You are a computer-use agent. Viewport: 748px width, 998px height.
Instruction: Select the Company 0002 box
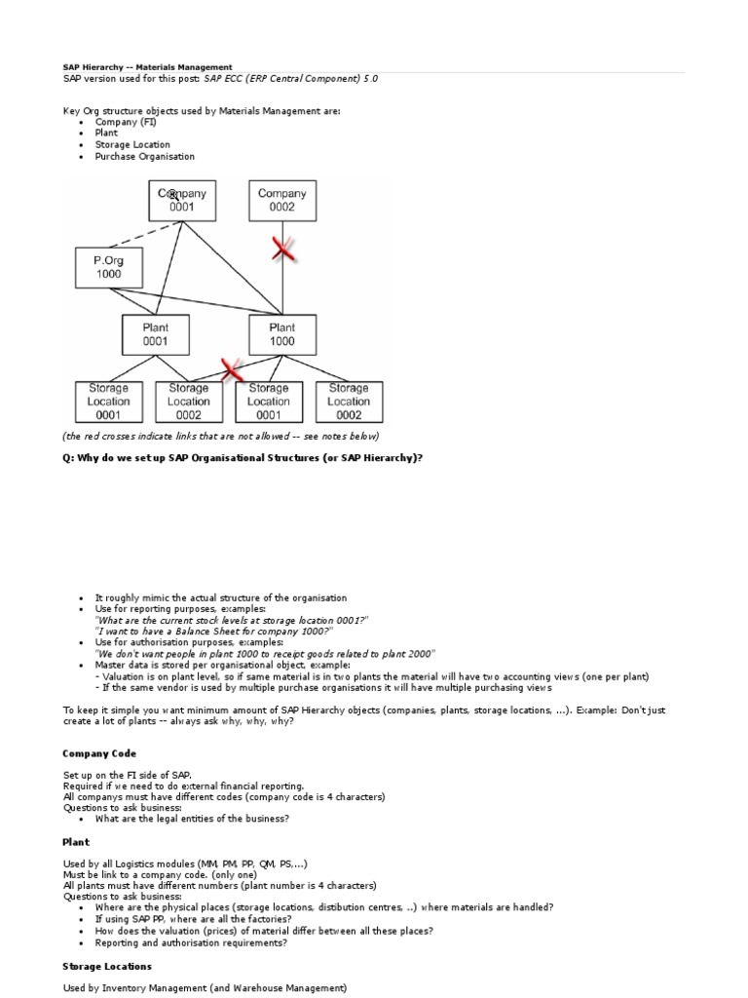click(282, 201)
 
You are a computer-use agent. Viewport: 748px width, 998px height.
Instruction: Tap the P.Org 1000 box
click(108, 267)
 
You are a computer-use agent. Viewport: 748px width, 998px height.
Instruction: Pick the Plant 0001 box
click(155, 334)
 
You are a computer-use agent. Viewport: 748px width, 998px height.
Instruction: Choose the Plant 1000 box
click(282, 334)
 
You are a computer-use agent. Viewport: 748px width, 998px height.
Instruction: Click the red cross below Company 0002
click(282, 249)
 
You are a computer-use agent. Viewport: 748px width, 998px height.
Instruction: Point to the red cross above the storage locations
click(232, 369)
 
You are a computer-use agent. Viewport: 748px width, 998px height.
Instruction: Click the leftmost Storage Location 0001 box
click(108, 401)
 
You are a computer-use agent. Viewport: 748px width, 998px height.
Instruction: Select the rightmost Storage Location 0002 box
click(349, 401)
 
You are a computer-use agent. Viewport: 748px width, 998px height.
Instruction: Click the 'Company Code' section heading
click(99, 753)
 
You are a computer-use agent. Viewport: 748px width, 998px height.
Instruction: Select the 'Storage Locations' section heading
click(107, 966)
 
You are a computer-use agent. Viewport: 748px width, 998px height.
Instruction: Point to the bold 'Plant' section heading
click(76, 841)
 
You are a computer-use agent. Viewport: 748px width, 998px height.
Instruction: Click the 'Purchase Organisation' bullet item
click(145, 156)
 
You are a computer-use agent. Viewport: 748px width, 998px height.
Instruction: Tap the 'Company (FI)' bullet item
click(126, 122)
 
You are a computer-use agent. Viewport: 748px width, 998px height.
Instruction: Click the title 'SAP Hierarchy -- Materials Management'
click(148, 67)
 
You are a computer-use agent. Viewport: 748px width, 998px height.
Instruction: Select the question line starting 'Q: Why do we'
click(243, 457)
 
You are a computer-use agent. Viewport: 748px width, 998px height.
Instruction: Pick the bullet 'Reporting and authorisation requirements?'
click(191, 942)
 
